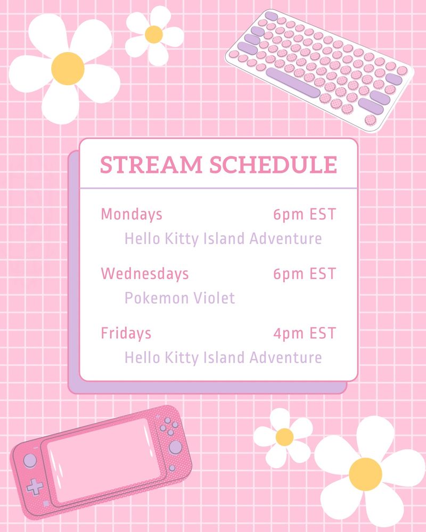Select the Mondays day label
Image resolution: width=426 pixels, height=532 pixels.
click(x=132, y=215)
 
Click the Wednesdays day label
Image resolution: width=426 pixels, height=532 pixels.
click(x=145, y=274)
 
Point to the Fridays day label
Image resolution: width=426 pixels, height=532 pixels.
click(x=126, y=334)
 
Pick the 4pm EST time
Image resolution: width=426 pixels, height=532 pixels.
click(x=305, y=334)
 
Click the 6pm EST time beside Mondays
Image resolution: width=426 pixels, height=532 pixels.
click(x=305, y=215)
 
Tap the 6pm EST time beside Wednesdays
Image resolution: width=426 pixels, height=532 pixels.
click(x=305, y=274)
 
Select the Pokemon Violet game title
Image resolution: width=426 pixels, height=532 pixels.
click(x=179, y=298)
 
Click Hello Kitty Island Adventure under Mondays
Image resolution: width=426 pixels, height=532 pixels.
click(x=223, y=238)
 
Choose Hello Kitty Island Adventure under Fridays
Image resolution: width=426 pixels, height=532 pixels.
click(x=223, y=358)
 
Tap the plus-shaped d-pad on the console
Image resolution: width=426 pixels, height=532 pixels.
click(x=35, y=487)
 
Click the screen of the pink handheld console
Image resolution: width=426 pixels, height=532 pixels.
click(x=102, y=460)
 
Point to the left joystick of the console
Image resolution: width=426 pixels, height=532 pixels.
click(x=30, y=460)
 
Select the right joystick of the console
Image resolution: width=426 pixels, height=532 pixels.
click(x=175, y=447)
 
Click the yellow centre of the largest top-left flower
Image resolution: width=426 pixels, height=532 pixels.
click(x=68, y=69)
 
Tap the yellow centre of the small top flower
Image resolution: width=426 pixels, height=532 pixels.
click(x=154, y=35)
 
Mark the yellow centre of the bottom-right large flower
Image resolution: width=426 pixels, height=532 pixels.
click(x=365, y=474)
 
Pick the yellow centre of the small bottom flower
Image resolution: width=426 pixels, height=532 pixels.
click(x=285, y=437)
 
